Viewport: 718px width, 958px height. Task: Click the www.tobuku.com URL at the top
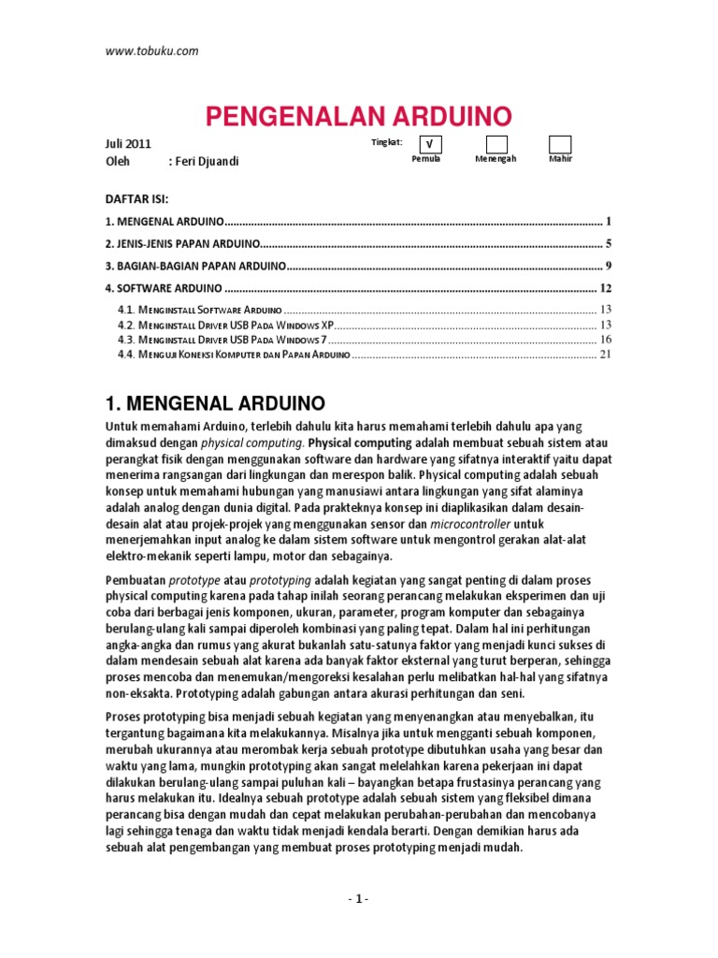click(x=151, y=51)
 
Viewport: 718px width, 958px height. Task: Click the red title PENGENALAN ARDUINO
click(x=358, y=117)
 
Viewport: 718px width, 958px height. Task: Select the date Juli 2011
click(x=127, y=144)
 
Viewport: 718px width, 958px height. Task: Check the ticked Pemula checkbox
click(x=429, y=144)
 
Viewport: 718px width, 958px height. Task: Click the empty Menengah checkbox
click(x=496, y=144)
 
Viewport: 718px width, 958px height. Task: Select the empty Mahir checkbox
click(x=560, y=144)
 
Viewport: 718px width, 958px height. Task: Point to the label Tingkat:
click(x=387, y=142)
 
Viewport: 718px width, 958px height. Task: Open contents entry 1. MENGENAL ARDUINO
click(x=165, y=222)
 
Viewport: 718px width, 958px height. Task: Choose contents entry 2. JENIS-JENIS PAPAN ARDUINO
click(x=184, y=244)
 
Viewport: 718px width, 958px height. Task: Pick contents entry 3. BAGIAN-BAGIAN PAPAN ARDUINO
click(x=194, y=266)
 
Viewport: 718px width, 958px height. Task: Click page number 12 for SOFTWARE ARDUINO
click(x=605, y=288)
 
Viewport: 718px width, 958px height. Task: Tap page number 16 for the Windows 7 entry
click(x=605, y=340)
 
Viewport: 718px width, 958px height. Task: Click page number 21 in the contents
click(x=605, y=355)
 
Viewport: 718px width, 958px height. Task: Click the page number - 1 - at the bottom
click(x=358, y=899)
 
